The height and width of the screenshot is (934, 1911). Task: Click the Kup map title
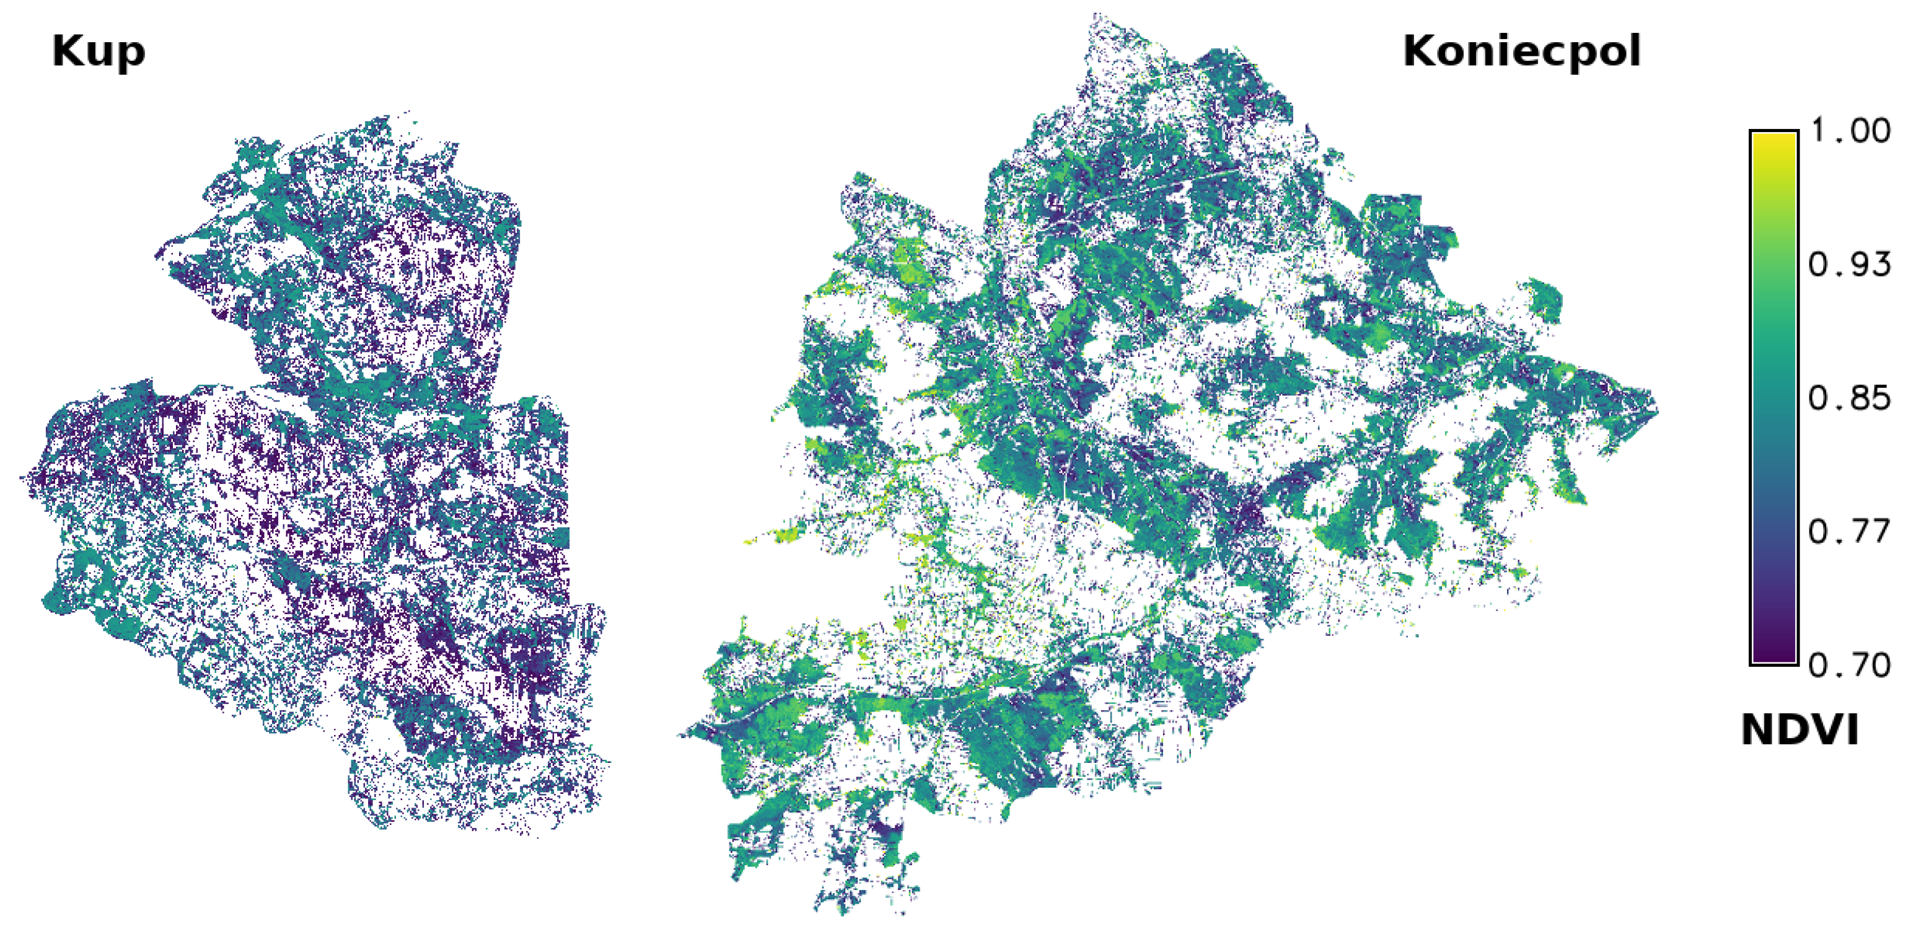[98, 53]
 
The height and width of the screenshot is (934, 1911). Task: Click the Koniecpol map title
[1521, 51]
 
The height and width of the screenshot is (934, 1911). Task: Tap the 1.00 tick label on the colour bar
[1850, 131]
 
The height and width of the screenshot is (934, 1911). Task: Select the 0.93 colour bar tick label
[1850, 264]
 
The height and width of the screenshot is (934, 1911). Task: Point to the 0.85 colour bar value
[1850, 399]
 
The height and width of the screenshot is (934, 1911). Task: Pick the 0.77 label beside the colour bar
[1850, 532]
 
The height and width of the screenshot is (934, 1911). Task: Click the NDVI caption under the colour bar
[1799, 730]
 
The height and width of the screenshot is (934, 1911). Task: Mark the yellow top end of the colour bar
[1773, 141]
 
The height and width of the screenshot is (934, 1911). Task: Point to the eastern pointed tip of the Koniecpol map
[1656, 408]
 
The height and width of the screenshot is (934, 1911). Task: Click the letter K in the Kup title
[64, 52]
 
